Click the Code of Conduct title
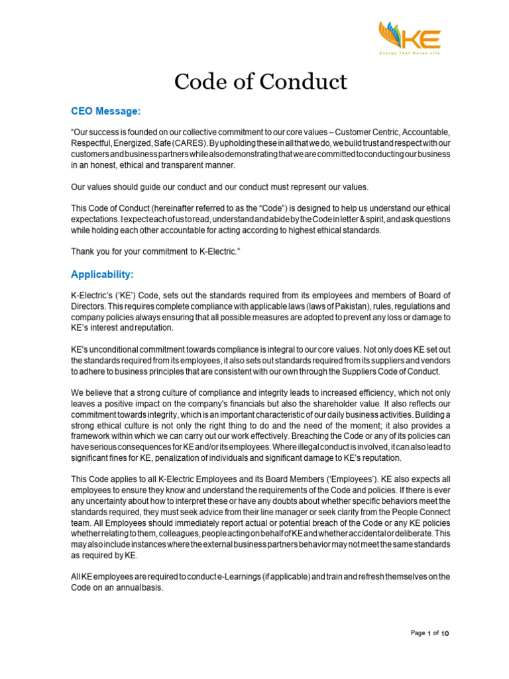pos(260,82)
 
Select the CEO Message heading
pos(106,112)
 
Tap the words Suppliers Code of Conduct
pos(385,371)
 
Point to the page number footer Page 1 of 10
pos(429,633)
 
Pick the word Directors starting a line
pos(87,306)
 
